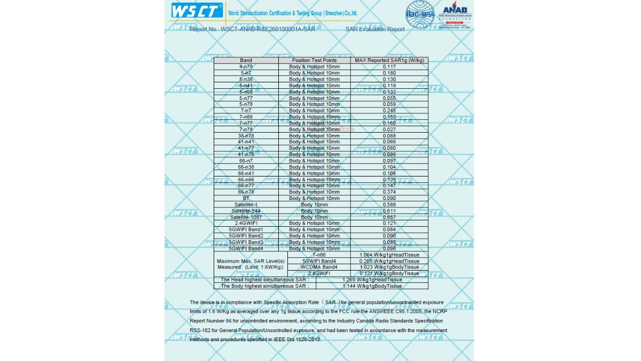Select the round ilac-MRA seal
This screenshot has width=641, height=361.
420,15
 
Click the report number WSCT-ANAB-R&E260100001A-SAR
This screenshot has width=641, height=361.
268,29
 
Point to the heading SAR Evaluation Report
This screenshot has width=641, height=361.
375,29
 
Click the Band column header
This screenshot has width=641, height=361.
246,60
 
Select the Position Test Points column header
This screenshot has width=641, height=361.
315,60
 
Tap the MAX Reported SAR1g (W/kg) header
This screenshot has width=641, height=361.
389,60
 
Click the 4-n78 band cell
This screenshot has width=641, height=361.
246,67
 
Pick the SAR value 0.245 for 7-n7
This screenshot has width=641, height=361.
389,111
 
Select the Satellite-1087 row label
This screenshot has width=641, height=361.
246,217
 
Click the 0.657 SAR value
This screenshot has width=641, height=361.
389,217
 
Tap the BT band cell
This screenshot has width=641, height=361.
246,198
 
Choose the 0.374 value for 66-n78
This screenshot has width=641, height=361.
389,192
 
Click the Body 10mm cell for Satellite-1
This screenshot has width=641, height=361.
315,205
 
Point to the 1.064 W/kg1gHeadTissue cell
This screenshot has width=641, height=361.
389,255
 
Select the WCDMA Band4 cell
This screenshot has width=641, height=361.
319,267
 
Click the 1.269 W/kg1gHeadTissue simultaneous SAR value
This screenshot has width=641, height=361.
372,280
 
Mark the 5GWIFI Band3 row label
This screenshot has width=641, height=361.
246,242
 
